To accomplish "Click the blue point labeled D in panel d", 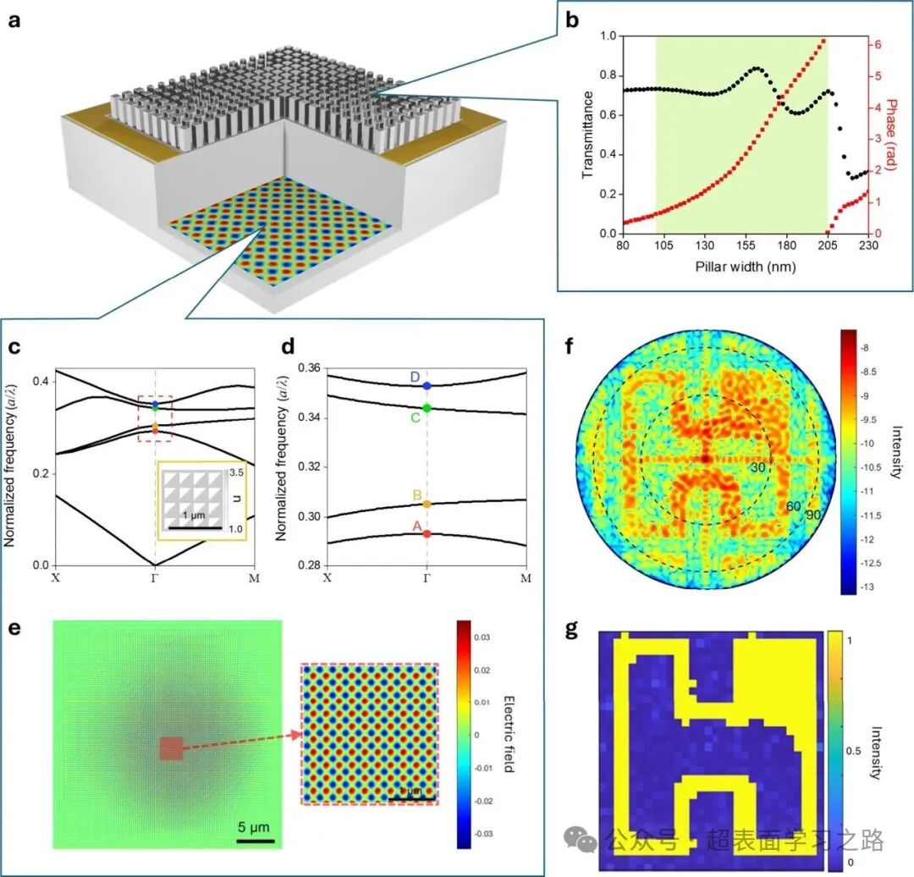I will (427, 385).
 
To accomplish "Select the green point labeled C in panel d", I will (427, 408).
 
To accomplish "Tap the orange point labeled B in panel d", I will (427, 504).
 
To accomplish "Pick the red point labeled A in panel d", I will (427, 533).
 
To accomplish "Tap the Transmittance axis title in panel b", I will (589, 135).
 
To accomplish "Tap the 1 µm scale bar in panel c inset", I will (195, 527).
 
